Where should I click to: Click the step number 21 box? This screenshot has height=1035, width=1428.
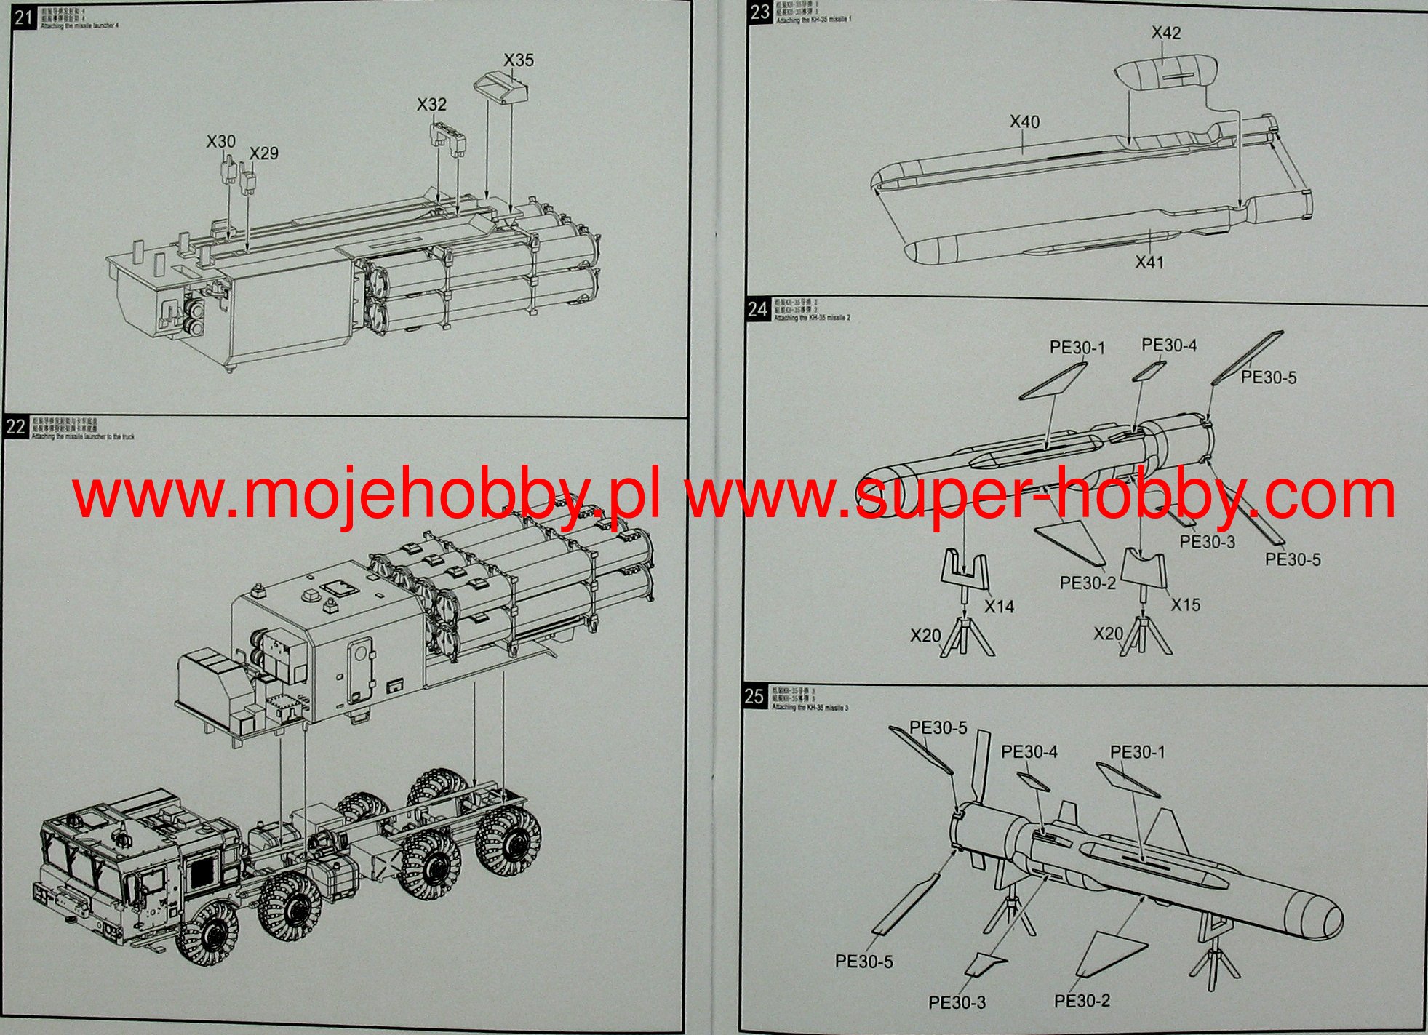point(23,16)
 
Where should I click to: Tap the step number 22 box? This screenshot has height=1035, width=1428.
point(16,426)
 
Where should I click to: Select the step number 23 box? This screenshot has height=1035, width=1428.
point(759,12)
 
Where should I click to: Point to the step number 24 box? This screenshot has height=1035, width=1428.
point(757,310)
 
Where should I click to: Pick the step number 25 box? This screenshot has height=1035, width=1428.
point(754,696)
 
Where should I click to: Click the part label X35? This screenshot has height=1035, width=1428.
point(519,60)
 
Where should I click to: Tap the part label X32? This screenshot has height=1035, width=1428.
point(431,105)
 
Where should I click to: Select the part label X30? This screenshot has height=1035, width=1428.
point(221,142)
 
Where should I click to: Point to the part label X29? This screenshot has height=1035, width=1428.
point(263,153)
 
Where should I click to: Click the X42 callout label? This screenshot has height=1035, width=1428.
point(1166,33)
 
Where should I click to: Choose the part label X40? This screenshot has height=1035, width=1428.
point(1024,122)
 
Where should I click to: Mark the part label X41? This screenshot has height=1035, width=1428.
point(1149,262)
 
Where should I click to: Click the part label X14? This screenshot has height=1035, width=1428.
point(999,607)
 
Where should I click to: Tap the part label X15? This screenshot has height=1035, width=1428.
point(1185,604)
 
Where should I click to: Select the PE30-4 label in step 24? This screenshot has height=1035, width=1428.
point(1169,345)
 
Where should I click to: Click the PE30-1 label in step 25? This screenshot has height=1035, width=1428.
point(1137,752)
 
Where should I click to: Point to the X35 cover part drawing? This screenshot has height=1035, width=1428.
point(501,88)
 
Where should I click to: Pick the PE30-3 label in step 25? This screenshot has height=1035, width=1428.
point(957,1003)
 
